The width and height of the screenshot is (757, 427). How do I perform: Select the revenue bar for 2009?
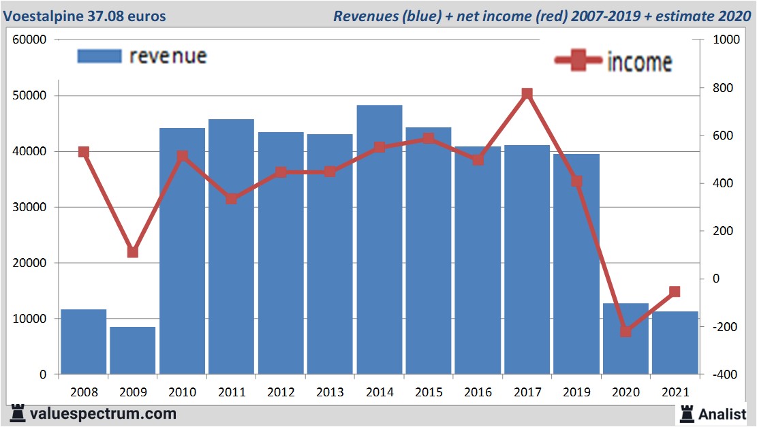[x=133, y=351]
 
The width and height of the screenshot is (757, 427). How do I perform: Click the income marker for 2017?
[x=527, y=94]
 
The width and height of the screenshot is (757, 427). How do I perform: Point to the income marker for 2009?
[x=133, y=252]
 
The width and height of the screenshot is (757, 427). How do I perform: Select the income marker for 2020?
[x=625, y=332]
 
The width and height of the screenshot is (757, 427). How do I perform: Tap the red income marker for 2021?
[x=675, y=291]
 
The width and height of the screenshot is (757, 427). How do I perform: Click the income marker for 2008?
[x=84, y=152]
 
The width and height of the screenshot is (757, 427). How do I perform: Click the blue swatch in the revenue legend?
[x=99, y=56]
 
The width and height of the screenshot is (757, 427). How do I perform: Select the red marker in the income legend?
[x=578, y=61]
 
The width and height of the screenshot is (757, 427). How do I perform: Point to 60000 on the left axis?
[x=29, y=39]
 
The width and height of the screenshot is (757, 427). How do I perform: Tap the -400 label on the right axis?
[x=724, y=375]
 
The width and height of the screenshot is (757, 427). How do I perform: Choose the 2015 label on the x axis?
[x=429, y=393]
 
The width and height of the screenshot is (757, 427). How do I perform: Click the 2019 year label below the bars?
[x=576, y=393]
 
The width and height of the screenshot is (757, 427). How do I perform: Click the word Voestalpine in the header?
[x=42, y=16]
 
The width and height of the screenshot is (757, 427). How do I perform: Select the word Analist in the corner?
[x=722, y=413]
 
